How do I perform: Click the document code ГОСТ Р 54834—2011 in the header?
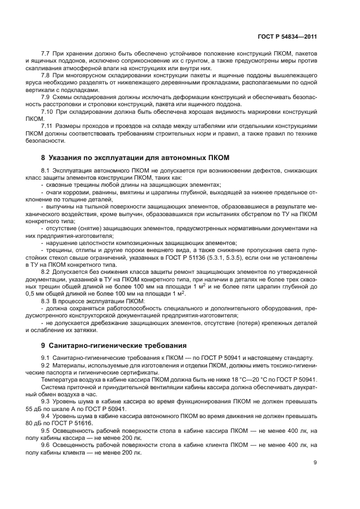pos(286,36)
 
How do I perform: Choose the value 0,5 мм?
pos(34,293)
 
